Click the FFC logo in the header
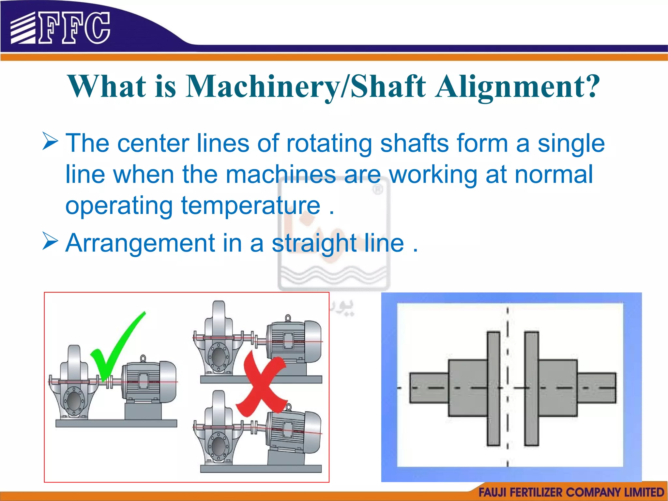point(60,28)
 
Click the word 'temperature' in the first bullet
point(250,205)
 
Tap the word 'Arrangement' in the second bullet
point(140,243)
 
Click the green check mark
point(116,346)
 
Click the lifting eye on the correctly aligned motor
point(143,358)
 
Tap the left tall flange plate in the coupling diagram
point(493,388)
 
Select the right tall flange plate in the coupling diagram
point(531,388)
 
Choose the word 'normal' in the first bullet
point(554,175)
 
